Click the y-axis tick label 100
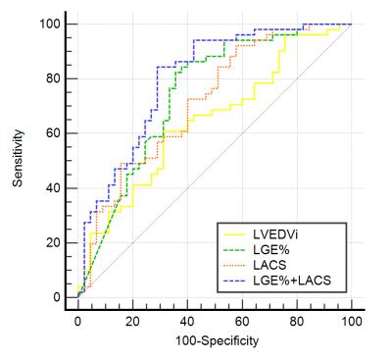[50, 24]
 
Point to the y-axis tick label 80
[53, 78]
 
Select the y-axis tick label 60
[53, 133]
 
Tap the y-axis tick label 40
[53, 188]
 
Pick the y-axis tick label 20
[53, 242]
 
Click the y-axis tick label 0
[57, 297]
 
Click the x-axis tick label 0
[77, 322]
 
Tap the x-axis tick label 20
[132, 322]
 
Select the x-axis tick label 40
[187, 322]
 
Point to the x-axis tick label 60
[242, 322]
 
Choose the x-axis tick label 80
[297, 322]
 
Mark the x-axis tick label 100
[352, 322]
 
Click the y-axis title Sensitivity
[18, 158]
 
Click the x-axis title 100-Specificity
[218, 341]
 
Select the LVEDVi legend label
[275, 234]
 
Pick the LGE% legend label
[271, 249]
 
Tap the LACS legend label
[269, 265]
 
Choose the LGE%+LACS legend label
[292, 281]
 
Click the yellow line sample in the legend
[234, 234]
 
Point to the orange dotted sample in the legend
[234, 265]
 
